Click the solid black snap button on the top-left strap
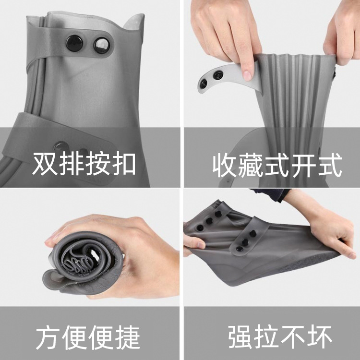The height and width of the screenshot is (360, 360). click(74, 43)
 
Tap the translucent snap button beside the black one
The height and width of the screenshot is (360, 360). click(101, 45)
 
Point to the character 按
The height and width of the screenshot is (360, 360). click(97, 164)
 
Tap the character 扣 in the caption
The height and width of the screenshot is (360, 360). click(124, 164)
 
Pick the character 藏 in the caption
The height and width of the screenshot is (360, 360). click(252, 166)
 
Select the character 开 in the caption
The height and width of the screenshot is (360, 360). click(305, 166)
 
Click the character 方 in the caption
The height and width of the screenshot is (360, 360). click(48, 337)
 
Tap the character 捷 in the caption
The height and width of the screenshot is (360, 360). click(128, 337)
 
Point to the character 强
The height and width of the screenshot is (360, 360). click(240, 336)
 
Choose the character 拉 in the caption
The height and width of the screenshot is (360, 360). click(266, 336)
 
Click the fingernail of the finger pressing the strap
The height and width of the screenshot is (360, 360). click(248, 75)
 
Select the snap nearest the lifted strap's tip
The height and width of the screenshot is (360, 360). click(204, 84)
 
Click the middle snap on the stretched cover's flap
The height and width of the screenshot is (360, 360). click(245, 241)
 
